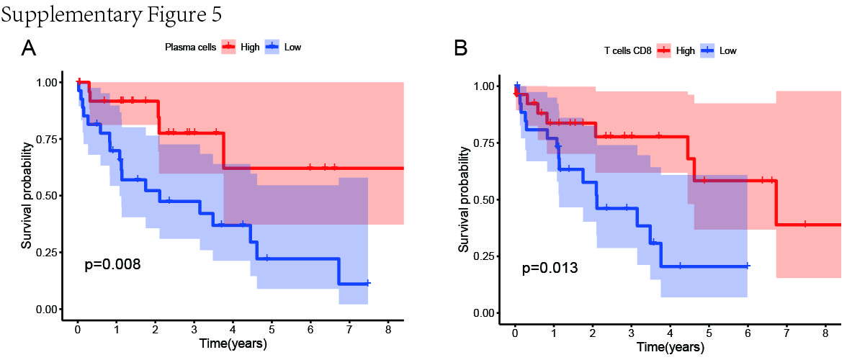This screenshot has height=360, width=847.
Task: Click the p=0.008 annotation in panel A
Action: (113, 264)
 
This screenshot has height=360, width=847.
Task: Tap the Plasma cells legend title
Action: (191, 48)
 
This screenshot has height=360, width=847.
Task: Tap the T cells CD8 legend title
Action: (627, 51)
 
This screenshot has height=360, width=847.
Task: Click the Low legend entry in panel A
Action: (284, 48)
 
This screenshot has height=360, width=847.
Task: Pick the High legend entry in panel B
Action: (675, 51)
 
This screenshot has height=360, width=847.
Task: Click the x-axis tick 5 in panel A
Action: (272, 329)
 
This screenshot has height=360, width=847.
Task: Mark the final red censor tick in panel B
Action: (805, 224)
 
